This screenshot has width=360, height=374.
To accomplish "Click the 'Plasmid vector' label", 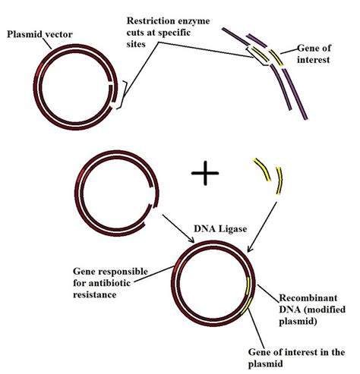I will [42, 34].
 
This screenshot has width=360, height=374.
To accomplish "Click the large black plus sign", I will [205, 173].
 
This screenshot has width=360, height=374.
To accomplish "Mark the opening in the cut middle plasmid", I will [151, 215].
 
